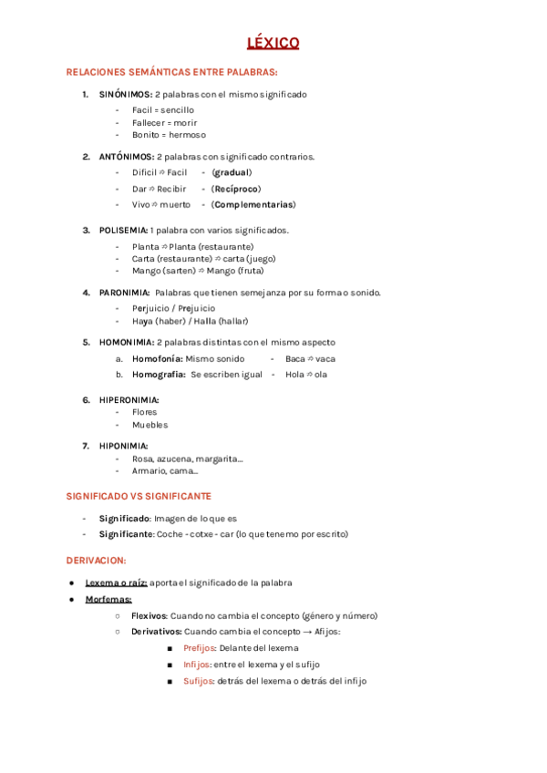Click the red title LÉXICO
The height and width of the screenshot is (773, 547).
(x=273, y=43)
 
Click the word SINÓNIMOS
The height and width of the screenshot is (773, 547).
(x=126, y=94)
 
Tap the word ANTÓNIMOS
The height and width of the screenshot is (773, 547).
(x=126, y=157)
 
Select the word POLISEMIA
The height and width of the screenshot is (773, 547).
(x=124, y=230)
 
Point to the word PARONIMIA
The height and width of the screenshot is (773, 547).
(x=124, y=293)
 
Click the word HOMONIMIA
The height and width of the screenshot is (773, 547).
(x=126, y=343)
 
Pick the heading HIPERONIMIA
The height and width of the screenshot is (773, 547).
(x=129, y=399)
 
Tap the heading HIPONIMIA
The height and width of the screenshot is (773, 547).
(x=124, y=446)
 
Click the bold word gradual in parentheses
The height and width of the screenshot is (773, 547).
(x=232, y=172)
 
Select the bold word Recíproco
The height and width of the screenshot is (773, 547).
(x=236, y=189)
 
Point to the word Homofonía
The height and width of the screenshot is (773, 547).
(x=157, y=359)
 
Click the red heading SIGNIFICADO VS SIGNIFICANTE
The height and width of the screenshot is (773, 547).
(x=139, y=496)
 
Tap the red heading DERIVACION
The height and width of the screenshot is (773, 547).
(x=96, y=560)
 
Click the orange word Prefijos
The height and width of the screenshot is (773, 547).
(x=199, y=648)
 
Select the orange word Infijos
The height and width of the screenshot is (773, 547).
(x=196, y=665)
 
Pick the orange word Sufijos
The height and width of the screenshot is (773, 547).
(x=198, y=681)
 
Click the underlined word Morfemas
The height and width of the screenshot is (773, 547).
(x=108, y=599)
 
